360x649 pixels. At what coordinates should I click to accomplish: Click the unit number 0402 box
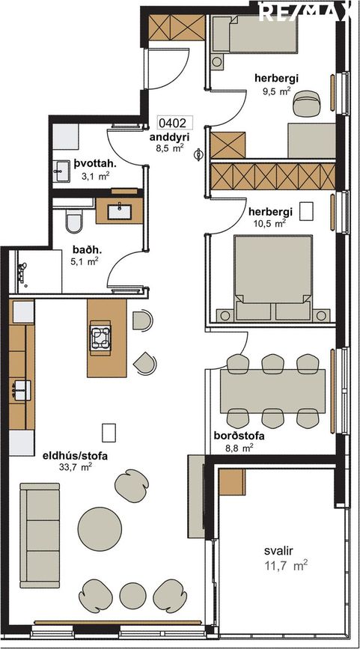[x=175, y=123]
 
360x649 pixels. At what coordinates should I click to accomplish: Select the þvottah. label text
[x=96, y=165]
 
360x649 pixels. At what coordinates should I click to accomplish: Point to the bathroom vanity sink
[x=119, y=212]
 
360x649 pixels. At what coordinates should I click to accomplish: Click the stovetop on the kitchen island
[x=100, y=337]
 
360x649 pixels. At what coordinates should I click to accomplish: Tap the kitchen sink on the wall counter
[x=22, y=390]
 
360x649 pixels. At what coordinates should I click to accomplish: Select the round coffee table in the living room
[x=100, y=529]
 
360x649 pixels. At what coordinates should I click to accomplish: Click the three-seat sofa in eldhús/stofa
[x=40, y=535]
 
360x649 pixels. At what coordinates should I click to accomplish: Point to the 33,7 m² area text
[x=76, y=467]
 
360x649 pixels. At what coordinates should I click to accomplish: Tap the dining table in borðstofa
[x=272, y=391]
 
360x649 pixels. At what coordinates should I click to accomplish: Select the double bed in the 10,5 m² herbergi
[x=273, y=278]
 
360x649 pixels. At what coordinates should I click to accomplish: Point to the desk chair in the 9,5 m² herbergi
[x=307, y=103]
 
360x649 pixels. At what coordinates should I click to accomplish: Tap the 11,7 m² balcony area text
[x=285, y=565]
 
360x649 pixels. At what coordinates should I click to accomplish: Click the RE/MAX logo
[x=304, y=12]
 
